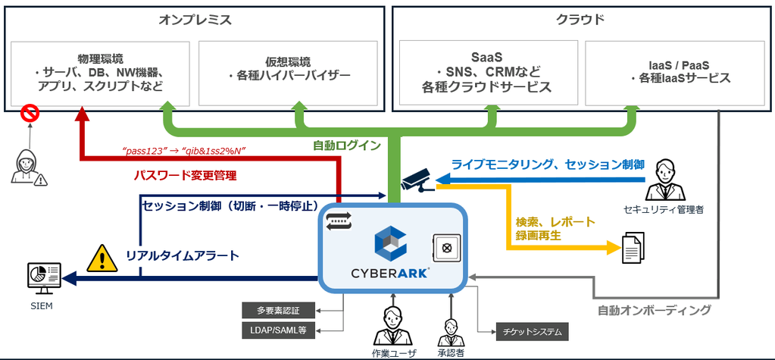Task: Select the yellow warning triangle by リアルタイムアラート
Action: click(102, 258)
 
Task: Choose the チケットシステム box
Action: click(533, 332)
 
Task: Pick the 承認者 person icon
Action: click(451, 332)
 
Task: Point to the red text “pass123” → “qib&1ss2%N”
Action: click(184, 151)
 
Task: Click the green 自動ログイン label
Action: click(347, 146)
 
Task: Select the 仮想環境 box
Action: click(288, 74)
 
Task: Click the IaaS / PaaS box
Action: click(674, 74)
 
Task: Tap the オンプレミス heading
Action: click(195, 20)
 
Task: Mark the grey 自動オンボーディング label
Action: click(655, 311)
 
